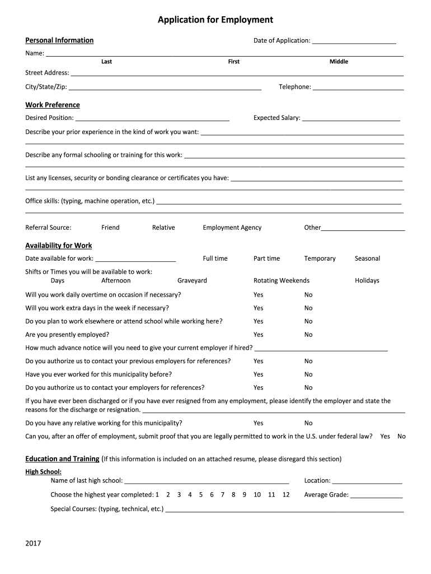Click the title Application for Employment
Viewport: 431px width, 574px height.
pos(215,20)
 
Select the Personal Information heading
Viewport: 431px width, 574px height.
pos(59,40)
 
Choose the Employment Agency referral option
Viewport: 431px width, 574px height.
pos(232,228)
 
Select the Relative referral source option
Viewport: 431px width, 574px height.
pos(163,228)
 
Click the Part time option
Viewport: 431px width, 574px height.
pos(266,258)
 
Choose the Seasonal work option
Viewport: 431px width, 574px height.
pos(367,258)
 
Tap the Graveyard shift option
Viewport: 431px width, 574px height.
pos(192,280)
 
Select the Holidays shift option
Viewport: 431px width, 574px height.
pos(367,280)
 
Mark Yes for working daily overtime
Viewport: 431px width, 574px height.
pos(258,295)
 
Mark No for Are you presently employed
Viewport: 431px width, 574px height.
pos(308,335)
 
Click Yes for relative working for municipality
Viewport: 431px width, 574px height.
pos(258,423)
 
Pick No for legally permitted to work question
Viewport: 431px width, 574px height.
pos(401,436)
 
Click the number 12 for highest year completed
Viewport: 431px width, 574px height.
pos(286,495)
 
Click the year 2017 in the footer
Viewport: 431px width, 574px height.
pos(33,544)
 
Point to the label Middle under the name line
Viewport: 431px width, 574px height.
pos(339,62)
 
